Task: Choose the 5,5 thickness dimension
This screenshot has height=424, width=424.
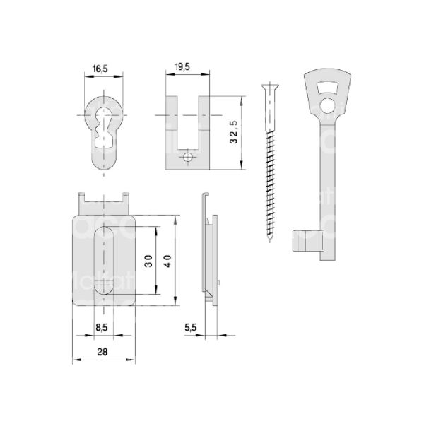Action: pyautogui.click(x=189, y=328)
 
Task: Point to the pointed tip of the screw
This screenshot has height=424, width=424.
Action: pyautogui.click(x=269, y=240)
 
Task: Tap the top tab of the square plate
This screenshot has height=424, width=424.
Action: pyautogui.click(x=105, y=204)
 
